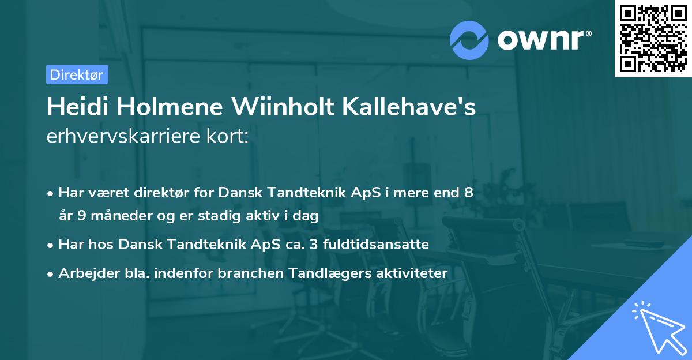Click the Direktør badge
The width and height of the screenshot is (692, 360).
[x=77, y=74]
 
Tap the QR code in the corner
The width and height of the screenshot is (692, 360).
[x=652, y=38]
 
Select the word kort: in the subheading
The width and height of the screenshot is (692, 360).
[x=229, y=137]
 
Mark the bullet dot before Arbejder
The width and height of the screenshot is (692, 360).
[x=51, y=274]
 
